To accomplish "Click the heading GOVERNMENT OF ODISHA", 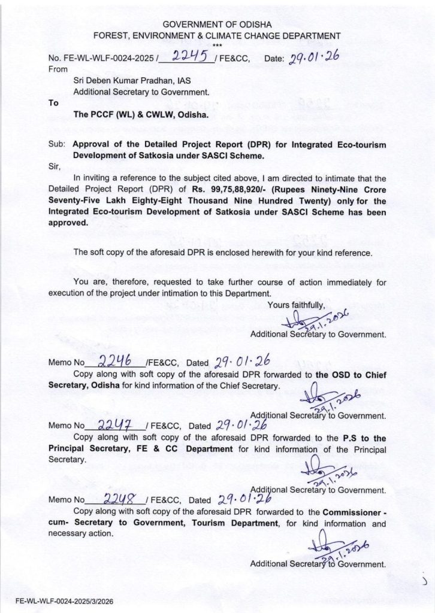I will (x=217, y=25).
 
